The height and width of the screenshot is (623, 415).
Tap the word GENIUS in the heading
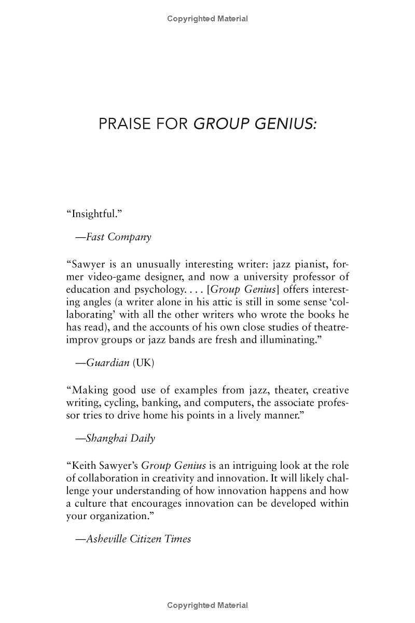pos(284,125)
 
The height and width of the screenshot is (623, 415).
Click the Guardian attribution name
pos(107,363)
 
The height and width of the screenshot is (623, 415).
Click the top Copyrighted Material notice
pos(208,19)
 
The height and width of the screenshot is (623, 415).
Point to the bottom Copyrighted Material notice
pos(208,605)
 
